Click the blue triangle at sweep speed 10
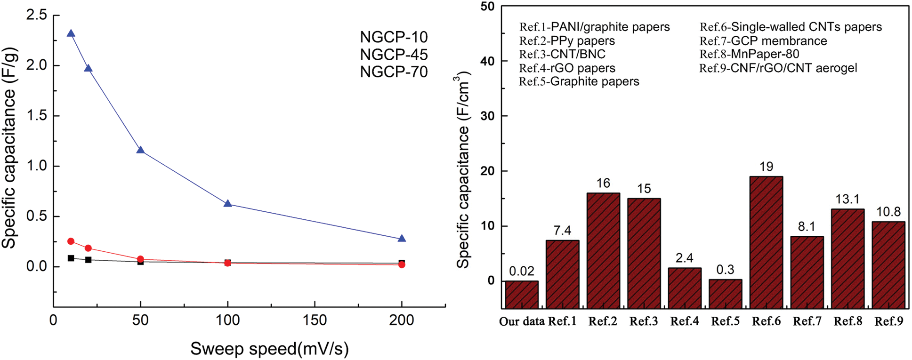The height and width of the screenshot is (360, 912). (71, 33)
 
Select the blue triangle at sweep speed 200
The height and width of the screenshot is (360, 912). (402, 239)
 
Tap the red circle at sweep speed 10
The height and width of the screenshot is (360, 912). (71, 241)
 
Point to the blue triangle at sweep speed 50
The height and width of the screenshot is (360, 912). (140, 150)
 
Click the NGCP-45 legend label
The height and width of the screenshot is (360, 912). (394, 55)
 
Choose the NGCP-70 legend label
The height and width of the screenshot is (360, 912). (394, 72)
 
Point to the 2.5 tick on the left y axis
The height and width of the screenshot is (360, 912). (37, 15)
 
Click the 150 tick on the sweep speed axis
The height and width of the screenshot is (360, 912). (315, 320)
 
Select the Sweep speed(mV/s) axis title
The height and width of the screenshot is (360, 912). (269, 349)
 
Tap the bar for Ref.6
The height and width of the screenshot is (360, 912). (766, 242)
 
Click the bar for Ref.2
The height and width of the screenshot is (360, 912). (603, 250)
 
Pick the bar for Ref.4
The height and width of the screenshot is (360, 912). (685, 288)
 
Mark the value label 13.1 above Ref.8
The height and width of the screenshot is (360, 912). (847, 200)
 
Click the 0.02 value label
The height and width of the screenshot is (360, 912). (522, 271)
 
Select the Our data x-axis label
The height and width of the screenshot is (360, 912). (522, 321)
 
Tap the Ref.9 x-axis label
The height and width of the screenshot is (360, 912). (888, 321)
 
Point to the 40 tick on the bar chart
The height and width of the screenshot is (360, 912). (488, 61)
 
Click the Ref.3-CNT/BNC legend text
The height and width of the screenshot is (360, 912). (562, 55)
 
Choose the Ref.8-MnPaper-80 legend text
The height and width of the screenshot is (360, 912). (749, 55)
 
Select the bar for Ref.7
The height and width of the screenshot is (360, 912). (807, 272)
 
